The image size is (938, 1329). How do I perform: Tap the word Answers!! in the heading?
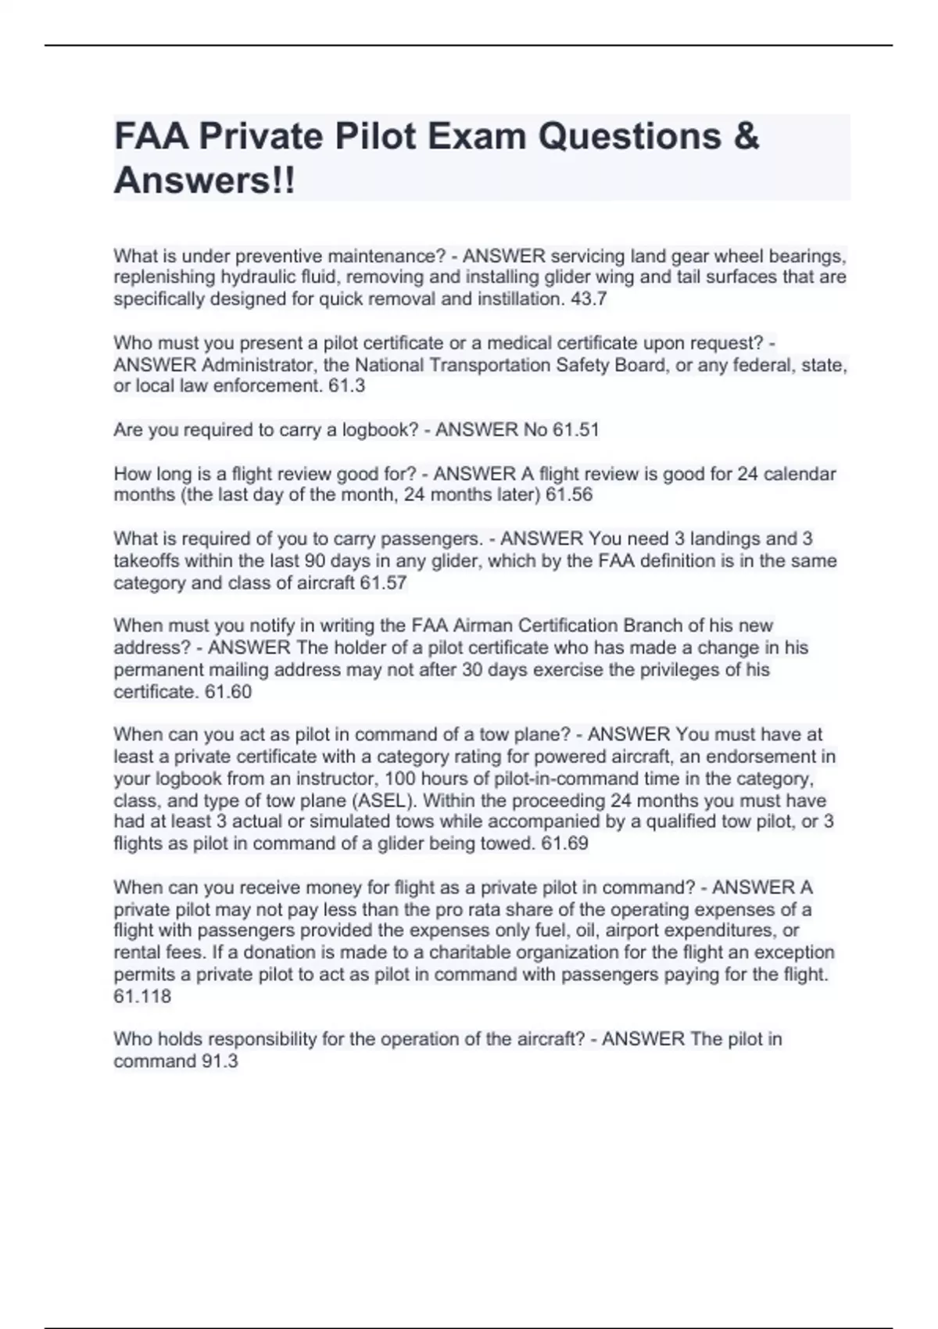pos(205,181)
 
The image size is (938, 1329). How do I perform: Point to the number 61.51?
pos(575,429)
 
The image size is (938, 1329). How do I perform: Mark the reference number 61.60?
pos(228,692)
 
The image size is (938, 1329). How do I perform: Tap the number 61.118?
pos(142,996)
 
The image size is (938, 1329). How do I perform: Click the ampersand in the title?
pos(746,137)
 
